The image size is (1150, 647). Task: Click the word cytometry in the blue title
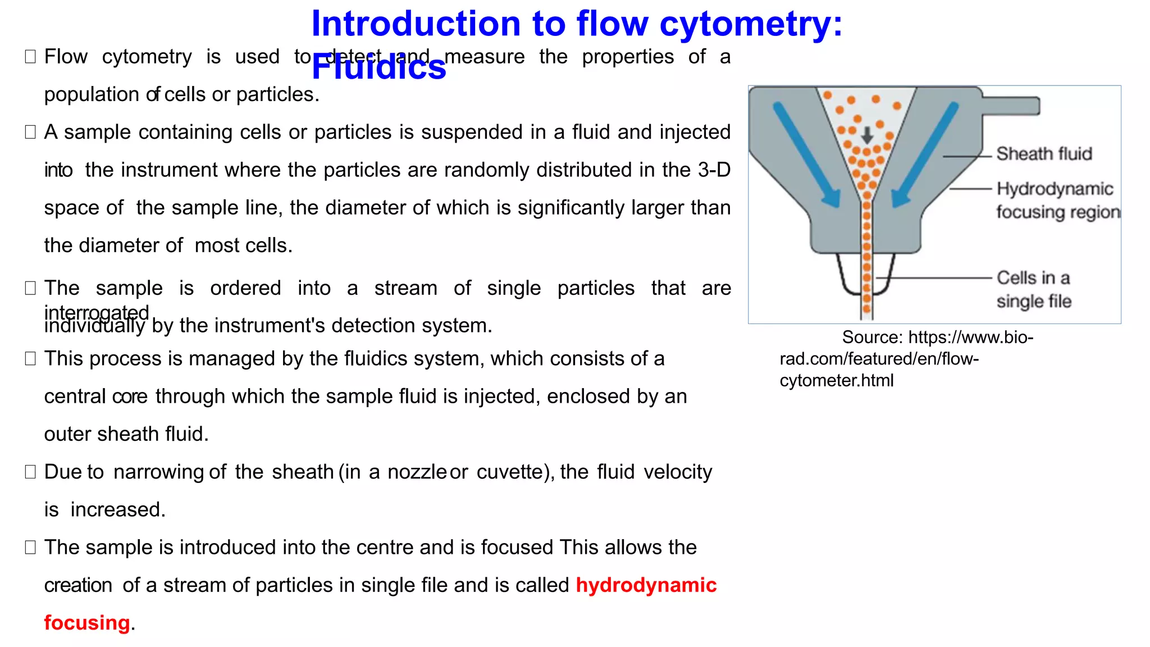pyautogui.click(x=751, y=25)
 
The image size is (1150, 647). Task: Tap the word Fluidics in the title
pyautogui.click(x=378, y=68)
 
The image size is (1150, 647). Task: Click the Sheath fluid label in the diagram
pyautogui.click(x=1044, y=154)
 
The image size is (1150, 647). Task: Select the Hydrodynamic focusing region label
pyautogui.click(x=1057, y=201)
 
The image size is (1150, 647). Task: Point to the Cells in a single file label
pyautogui.click(x=1033, y=289)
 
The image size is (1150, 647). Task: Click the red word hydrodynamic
pyautogui.click(x=646, y=585)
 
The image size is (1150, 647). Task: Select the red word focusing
pyautogui.click(x=87, y=623)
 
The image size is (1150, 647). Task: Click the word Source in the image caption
pyautogui.click(x=872, y=338)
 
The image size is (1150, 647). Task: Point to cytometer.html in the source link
pyautogui.click(x=836, y=381)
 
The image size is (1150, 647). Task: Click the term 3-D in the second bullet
pyautogui.click(x=714, y=170)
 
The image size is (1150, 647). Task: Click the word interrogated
pyautogui.click(x=97, y=312)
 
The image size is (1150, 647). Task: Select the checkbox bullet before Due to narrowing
pyautogui.click(x=30, y=472)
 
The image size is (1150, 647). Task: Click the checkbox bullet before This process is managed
pyautogui.click(x=30, y=359)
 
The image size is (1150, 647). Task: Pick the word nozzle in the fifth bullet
pyautogui.click(x=417, y=472)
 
